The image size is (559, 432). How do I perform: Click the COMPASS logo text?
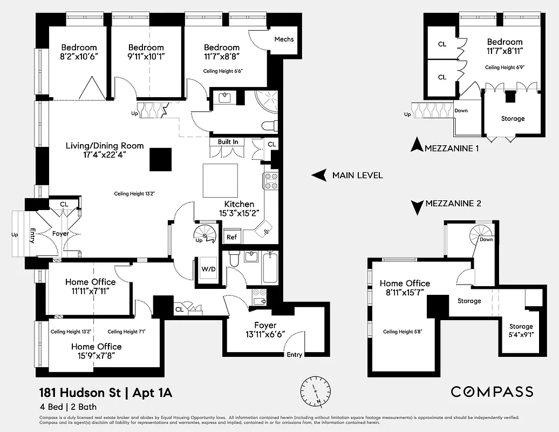tap(492, 392)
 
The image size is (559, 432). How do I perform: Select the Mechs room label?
tap(284, 39)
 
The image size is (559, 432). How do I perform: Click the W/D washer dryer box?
tap(208, 269)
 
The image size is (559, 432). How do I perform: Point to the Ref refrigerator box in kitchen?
tap(231, 237)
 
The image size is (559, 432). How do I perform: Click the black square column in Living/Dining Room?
tap(161, 159)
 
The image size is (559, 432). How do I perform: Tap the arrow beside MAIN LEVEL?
tap(319, 175)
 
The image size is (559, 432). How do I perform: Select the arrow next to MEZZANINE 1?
tap(415, 145)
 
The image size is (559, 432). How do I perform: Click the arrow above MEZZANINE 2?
tap(417, 207)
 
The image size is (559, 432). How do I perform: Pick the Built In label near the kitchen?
tap(228, 142)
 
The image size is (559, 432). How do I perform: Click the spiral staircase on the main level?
tap(204, 234)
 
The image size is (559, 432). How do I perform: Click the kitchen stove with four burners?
tap(271, 181)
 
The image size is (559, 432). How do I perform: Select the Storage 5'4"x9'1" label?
tap(521, 330)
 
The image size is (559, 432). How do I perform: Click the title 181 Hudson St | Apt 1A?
tap(105, 392)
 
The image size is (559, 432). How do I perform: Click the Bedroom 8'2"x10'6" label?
tap(79, 52)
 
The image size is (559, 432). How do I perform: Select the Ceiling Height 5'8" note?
tap(402, 332)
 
